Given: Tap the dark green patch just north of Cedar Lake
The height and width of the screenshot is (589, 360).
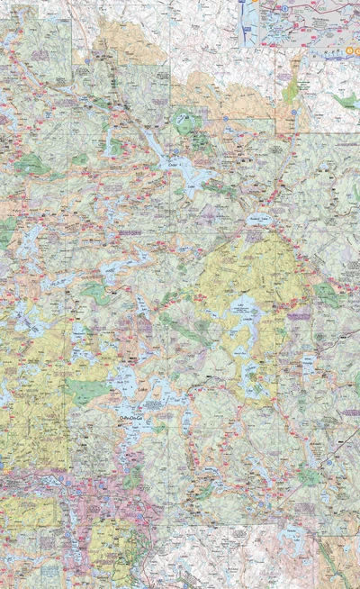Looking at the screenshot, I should pyautogui.click(x=187, y=119).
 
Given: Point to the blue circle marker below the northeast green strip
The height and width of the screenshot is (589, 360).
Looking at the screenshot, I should pyautogui.click(x=293, y=112).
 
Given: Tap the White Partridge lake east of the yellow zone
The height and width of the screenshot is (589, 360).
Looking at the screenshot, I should pyautogui.click(x=309, y=366).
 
